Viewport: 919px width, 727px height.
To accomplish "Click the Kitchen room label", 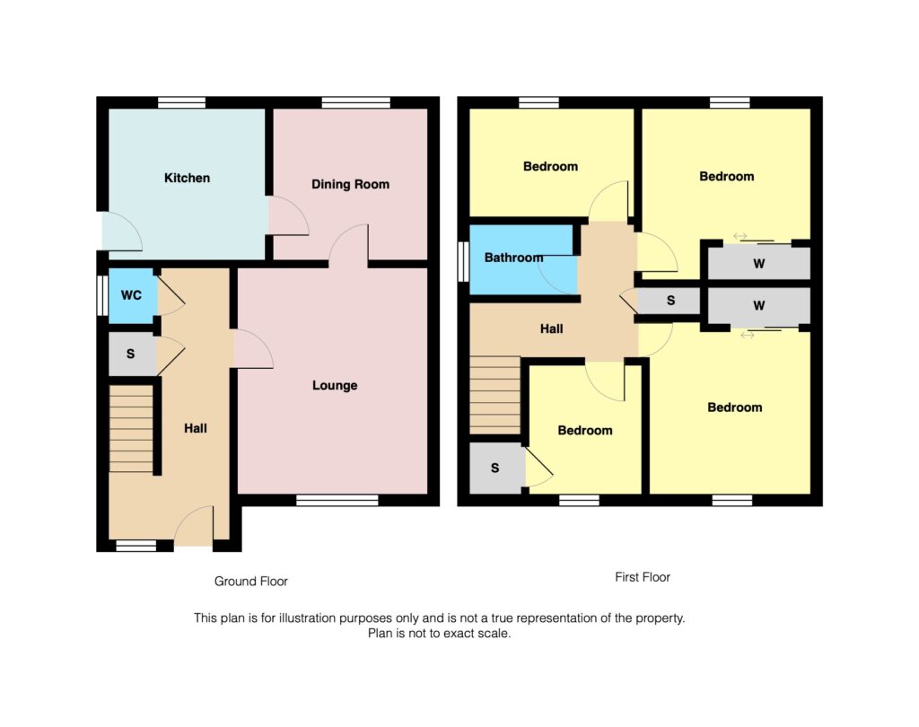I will (187, 178).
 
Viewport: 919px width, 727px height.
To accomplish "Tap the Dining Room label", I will (350, 184).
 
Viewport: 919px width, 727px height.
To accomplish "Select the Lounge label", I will (334, 385).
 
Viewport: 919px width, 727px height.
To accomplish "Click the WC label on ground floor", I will (131, 294).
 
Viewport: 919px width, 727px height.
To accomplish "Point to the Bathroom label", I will (513, 258).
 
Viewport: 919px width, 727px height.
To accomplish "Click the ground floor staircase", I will (131, 428).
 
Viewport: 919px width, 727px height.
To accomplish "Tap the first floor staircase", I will (495, 395).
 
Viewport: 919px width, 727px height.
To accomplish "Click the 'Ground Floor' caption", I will (250, 582).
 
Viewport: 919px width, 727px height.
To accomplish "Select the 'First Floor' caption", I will (643, 577).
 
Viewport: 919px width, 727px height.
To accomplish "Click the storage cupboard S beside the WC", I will (131, 354).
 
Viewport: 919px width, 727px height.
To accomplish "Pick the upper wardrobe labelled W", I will (758, 264).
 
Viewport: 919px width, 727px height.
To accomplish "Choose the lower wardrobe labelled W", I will (758, 306).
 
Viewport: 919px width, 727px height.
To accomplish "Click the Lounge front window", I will (337, 500).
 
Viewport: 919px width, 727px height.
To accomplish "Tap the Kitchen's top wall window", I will (181, 102).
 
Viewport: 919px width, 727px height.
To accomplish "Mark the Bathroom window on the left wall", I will (463, 261).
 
